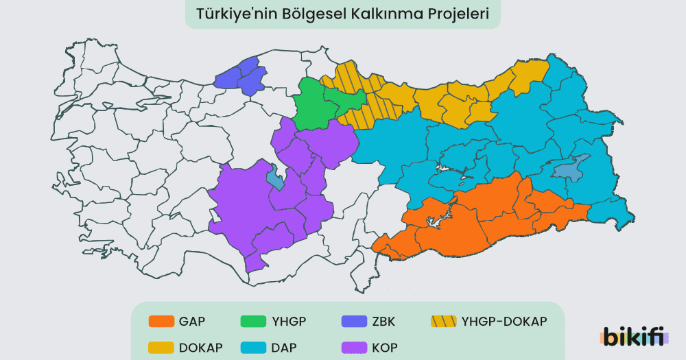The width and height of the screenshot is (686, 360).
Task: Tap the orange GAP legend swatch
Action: [x=161, y=321]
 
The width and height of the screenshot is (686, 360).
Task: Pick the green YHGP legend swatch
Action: [x=255, y=321]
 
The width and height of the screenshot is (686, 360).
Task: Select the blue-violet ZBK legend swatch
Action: [x=353, y=321]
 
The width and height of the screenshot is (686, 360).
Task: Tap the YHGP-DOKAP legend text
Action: [x=504, y=321]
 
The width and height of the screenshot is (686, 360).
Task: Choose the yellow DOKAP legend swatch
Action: [x=161, y=347]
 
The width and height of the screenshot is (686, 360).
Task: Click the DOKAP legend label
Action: [x=200, y=347]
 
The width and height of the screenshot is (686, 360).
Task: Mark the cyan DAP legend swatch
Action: [x=255, y=347]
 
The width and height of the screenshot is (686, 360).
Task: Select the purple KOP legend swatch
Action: [x=353, y=347]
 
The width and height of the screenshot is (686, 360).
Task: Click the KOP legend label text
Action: [x=384, y=347]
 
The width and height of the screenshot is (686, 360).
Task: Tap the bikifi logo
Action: [x=632, y=337]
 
